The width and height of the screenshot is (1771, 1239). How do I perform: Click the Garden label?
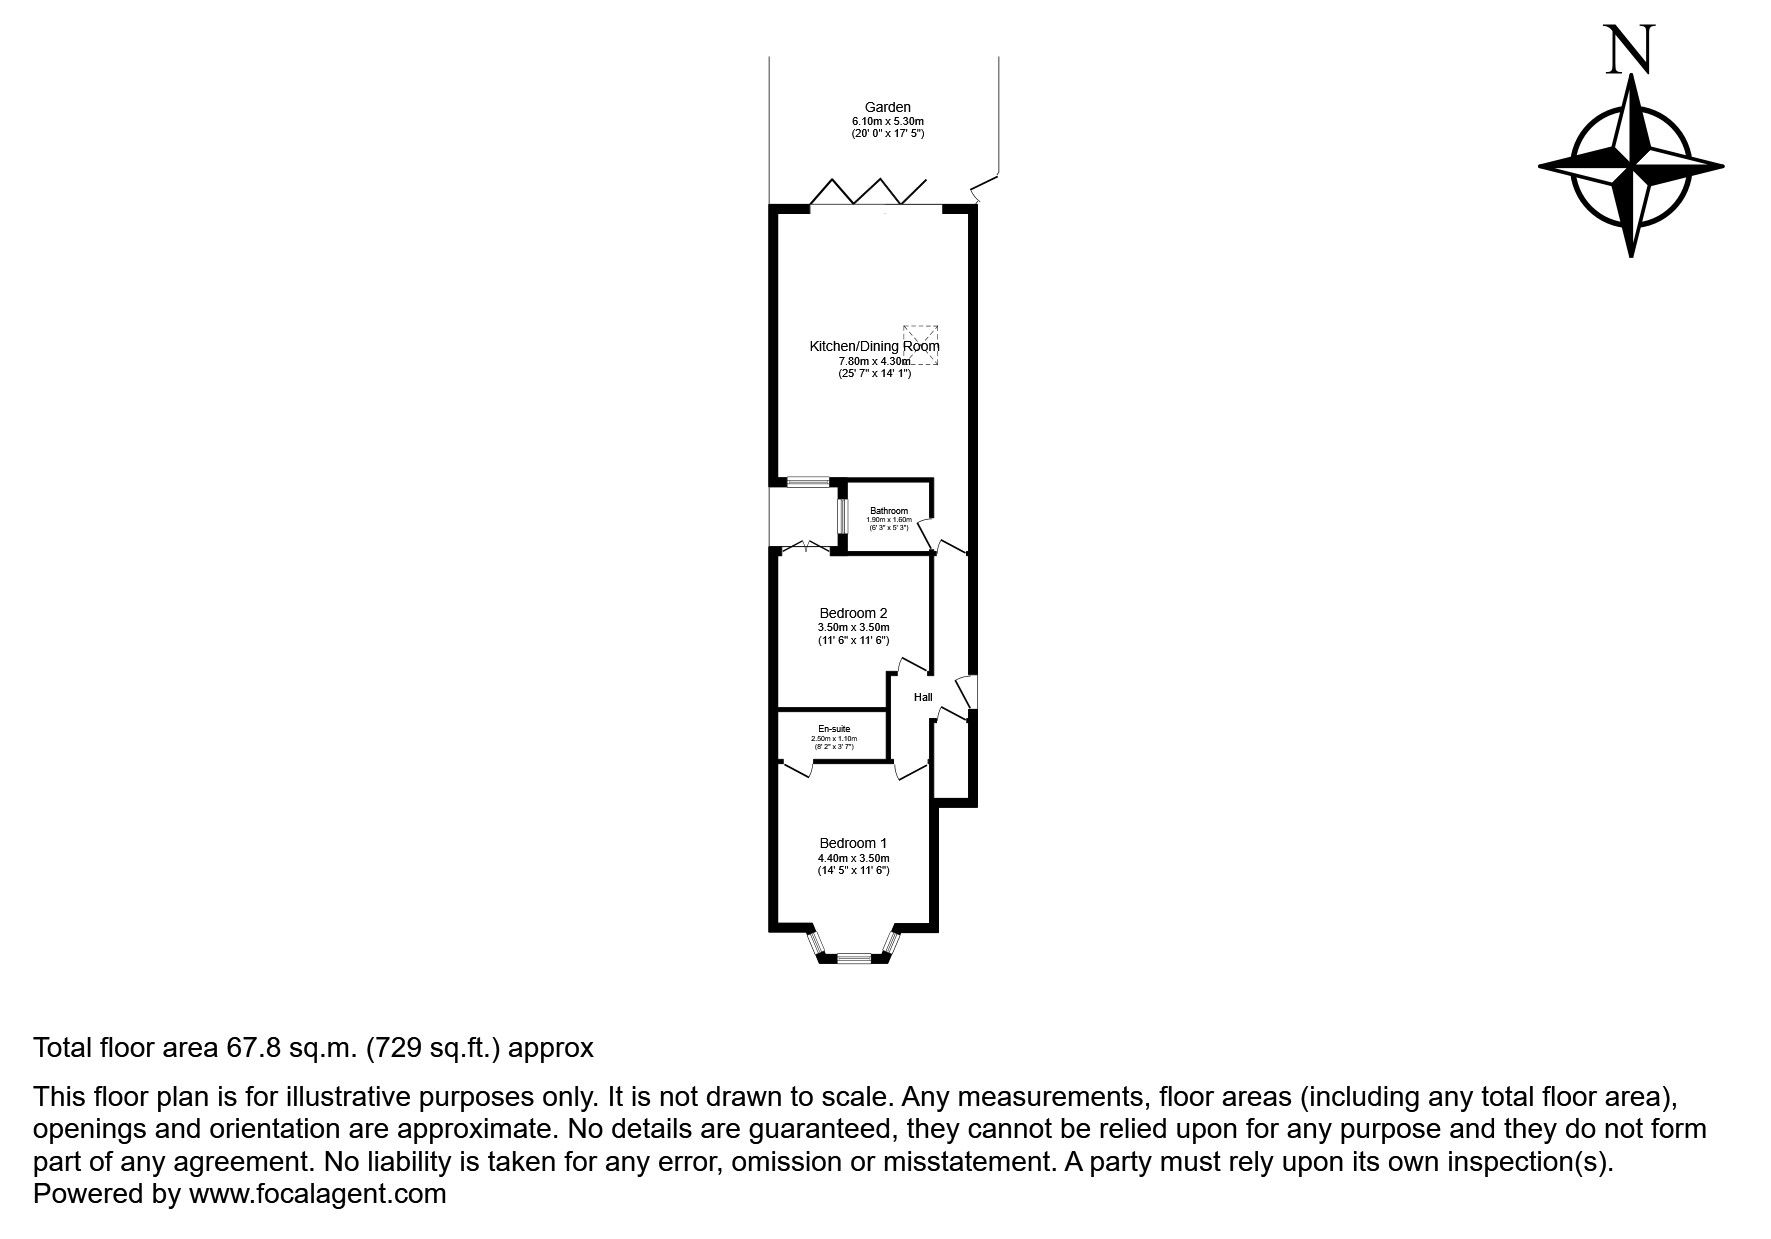(887, 107)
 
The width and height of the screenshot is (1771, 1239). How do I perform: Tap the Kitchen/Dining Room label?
(874, 346)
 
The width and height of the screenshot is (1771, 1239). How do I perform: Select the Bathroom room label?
(888, 511)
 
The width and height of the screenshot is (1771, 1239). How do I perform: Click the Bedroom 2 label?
(853, 613)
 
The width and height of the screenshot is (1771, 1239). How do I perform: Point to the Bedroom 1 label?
(853, 843)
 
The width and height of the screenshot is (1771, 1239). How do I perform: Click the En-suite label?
(833, 729)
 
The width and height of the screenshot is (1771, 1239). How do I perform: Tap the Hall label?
(923, 697)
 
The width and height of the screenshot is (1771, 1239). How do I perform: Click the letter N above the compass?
(1630, 50)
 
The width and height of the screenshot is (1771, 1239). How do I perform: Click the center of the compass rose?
(1631, 165)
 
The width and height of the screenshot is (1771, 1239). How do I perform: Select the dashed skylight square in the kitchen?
(922, 343)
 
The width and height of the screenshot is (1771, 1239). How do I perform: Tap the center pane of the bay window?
(853, 958)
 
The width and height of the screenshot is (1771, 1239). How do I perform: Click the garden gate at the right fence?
(985, 188)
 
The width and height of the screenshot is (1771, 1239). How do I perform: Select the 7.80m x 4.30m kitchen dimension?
(874, 361)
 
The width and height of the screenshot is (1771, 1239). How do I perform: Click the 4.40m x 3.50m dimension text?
(853, 858)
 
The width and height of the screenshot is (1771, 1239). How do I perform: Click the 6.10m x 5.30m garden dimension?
(887, 121)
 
